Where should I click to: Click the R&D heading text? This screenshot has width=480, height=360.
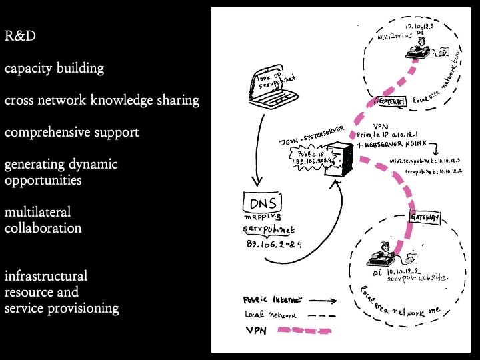(21, 35)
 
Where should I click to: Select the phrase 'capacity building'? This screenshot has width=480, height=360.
(54, 68)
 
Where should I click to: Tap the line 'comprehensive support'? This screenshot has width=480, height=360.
(72, 132)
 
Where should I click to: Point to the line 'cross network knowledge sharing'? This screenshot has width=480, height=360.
(101, 100)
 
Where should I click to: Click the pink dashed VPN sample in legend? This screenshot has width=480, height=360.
(308, 329)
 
